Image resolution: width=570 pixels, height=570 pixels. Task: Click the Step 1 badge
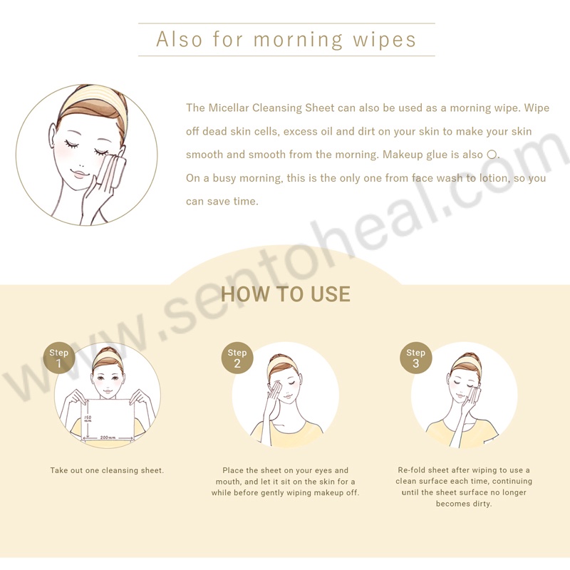click(x=59, y=358)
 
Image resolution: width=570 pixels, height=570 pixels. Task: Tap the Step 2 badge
click(x=237, y=358)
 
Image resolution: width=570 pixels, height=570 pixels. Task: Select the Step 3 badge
click(x=416, y=358)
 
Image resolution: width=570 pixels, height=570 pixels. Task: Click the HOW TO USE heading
click(x=286, y=294)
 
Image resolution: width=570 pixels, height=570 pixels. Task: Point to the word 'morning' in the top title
click(x=298, y=40)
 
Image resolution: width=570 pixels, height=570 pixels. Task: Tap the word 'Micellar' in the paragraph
click(x=229, y=108)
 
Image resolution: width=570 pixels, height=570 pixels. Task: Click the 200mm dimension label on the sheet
click(x=108, y=437)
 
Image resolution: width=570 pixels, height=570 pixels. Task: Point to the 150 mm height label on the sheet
click(x=88, y=418)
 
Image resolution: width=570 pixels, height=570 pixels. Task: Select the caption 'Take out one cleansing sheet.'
click(x=108, y=470)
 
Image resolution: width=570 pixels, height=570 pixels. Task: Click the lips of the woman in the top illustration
click(x=80, y=173)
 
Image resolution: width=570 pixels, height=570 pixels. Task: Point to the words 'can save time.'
click(x=222, y=202)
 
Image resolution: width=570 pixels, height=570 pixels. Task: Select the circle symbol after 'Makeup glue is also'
click(x=492, y=155)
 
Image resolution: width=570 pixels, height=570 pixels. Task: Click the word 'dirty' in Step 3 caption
click(x=482, y=504)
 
